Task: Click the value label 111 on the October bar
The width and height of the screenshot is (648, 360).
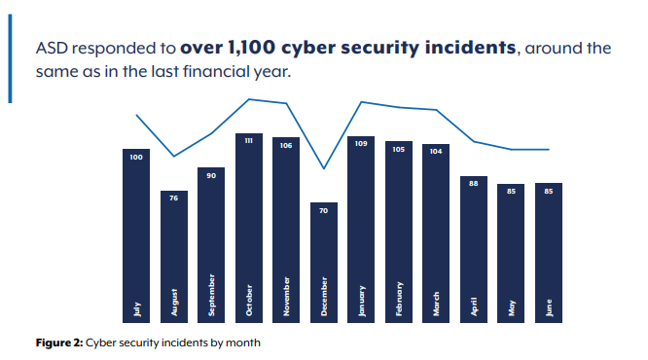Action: (x=249, y=141)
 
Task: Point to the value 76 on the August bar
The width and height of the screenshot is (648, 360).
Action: (x=174, y=198)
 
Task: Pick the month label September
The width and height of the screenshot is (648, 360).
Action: (x=211, y=297)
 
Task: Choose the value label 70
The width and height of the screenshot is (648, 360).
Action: (x=324, y=210)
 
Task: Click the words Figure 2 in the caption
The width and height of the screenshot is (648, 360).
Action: (x=57, y=342)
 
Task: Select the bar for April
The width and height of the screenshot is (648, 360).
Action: (x=474, y=248)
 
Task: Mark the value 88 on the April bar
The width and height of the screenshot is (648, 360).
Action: (x=474, y=183)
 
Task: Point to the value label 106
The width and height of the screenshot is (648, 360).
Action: (x=286, y=145)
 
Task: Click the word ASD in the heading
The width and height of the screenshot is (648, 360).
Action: (x=54, y=48)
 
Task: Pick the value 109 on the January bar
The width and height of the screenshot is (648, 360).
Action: (x=361, y=143)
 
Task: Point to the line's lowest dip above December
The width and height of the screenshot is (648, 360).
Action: (x=324, y=169)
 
